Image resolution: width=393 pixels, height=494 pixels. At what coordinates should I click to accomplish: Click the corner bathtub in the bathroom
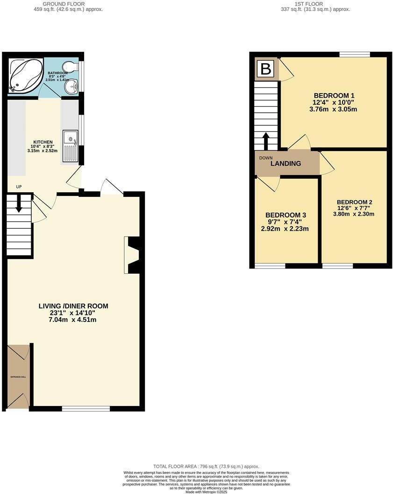(x=25, y=75)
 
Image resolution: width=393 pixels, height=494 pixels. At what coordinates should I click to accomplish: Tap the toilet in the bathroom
(x=70, y=67)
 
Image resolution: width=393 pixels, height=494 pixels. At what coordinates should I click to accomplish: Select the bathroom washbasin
(x=72, y=86)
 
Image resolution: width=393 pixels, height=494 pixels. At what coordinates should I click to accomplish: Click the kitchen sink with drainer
(x=71, y=145)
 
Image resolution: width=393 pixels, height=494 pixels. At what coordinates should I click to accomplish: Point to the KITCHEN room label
(x=43, y=142)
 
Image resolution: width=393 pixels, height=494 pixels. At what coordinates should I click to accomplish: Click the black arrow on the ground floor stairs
(x=19, y=204)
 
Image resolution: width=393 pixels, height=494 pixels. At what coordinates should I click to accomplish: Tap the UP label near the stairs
(x=19, y=187)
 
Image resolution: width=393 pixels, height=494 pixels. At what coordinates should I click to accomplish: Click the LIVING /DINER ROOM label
(x=73, y=306)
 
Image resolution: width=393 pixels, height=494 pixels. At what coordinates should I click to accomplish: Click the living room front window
(x=86, y=408)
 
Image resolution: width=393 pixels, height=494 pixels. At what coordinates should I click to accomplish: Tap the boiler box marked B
(x=265, y=69)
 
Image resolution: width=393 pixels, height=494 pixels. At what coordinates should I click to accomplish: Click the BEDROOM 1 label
(x=333, y=94)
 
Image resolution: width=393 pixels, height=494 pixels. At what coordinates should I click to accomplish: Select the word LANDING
(x=286, y=164)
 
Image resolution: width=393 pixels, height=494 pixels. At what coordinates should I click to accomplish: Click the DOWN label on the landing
(x=266, y=158)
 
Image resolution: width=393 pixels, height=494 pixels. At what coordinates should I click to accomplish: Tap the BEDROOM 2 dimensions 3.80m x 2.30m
(x=353, y=214)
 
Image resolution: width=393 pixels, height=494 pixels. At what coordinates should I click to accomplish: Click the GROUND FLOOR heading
(x=64, y=4)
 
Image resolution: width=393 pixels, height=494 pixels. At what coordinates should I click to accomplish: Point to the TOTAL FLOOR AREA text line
(x=206, y=466)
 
